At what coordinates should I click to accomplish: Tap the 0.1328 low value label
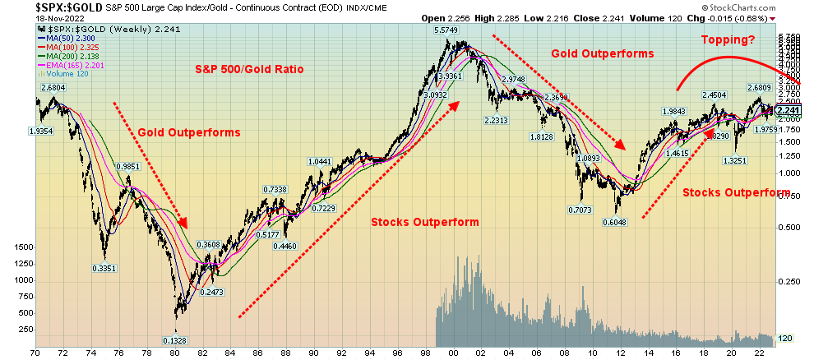[x=173, y=341]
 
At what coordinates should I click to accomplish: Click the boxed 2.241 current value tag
[x=788, y=111]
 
